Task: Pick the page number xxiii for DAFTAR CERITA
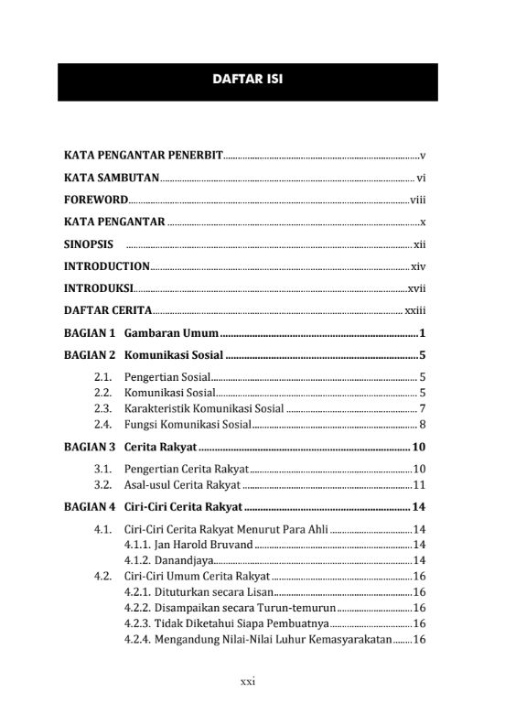coord(416,310)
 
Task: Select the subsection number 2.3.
coord(103,408)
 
